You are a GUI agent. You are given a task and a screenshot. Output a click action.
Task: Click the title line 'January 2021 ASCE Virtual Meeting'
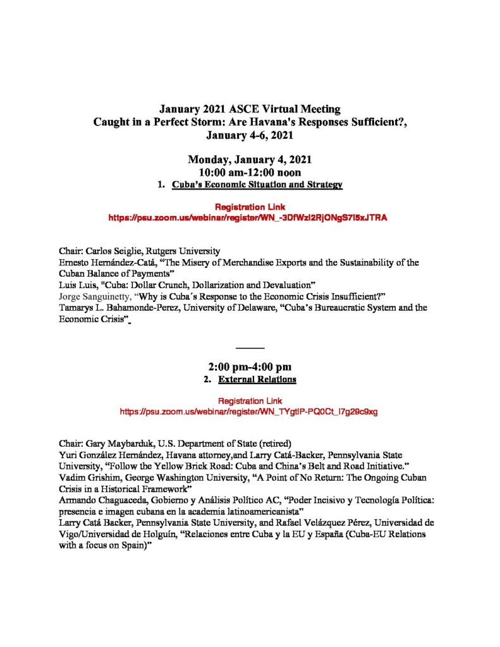[x=250, y=109]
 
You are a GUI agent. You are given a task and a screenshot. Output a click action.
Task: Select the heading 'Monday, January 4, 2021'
[x=250, y=159]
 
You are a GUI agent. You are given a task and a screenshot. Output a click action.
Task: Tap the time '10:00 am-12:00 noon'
[x=250, y=172]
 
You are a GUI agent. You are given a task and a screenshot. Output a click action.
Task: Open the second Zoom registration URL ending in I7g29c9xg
[x=249, y=411]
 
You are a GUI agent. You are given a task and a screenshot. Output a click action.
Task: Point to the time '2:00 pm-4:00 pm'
[x=250, y=367]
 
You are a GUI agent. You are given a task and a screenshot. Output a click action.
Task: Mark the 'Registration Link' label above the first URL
[x=250, y=207]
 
